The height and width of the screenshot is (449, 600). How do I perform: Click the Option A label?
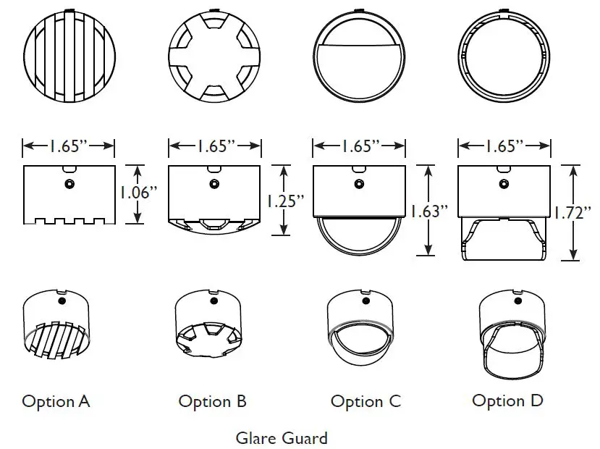(x=56, y=401)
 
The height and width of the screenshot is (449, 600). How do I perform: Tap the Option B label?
(x=212, y=401)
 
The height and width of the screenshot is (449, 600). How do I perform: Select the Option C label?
(x=366, y=401)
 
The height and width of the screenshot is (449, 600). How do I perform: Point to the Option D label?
(x=507, y=400)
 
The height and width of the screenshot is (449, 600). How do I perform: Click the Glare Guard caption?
(x=282, y=438)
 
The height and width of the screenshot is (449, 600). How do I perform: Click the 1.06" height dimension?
(x=138, y=193)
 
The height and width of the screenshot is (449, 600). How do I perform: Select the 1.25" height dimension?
(x=281, y=201)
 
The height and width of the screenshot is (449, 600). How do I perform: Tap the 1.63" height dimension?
(x=428, y=211)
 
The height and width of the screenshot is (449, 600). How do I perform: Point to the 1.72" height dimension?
(x=572, y=213)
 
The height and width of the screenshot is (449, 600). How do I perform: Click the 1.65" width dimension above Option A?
(x=69, y=146)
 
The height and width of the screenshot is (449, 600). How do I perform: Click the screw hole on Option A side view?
(x=69, y=182)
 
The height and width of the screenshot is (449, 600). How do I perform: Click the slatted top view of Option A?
(x=69, y=56)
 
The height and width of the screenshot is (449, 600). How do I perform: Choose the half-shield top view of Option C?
(x=358, y=56)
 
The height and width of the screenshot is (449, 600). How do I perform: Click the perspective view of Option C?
(x=362, y=333)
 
